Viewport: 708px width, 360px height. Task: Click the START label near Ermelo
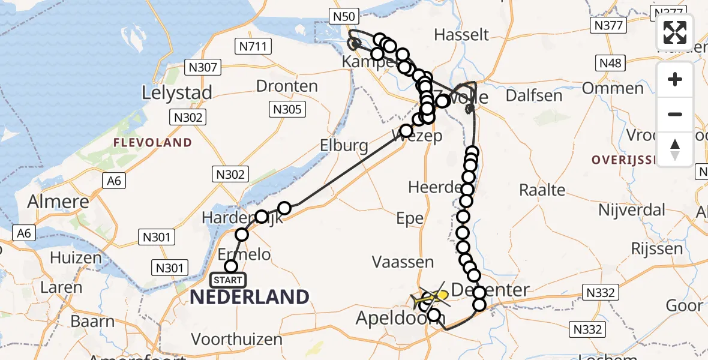(x=228, y=280)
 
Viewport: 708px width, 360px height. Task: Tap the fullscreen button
(x=675, y=32)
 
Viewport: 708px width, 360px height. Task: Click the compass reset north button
(x=675, y=149)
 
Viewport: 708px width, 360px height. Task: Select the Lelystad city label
(x=177, y=92)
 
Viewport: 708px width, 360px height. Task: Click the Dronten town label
(x=287, y=86)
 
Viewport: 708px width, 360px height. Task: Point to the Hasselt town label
(x=461, y=34)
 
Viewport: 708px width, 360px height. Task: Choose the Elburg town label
(x=343, y=145)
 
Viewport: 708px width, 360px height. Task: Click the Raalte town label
(x=542, y=190)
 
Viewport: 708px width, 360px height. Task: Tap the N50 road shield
(x=344, y=16)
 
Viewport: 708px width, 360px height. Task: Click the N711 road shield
(x=254, y=46)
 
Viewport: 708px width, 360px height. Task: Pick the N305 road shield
(x=289, y=109)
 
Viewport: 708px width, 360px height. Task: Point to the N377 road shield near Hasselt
(x=608, y=25)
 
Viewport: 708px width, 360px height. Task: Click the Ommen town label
(x=620, y=88)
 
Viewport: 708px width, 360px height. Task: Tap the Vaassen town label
(x=403, y=262)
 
